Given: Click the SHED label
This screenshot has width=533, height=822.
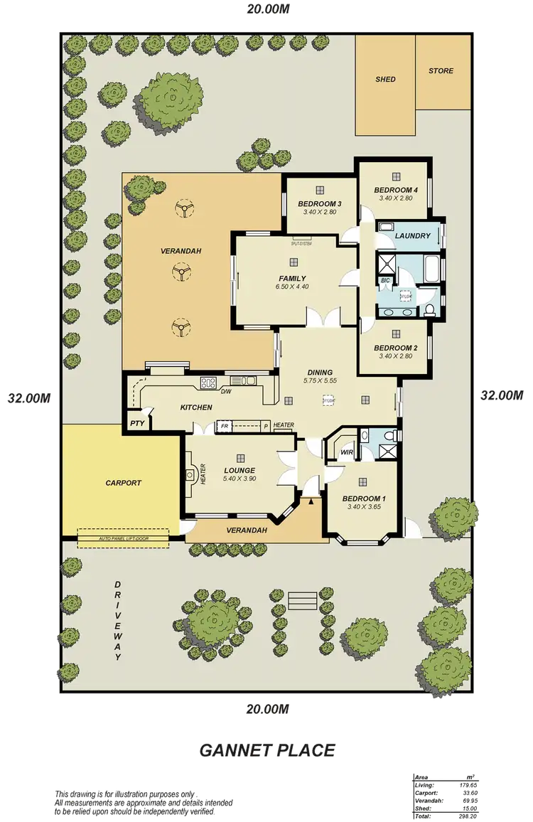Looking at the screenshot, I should [385, 80].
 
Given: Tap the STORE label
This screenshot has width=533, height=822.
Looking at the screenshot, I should [441, 71].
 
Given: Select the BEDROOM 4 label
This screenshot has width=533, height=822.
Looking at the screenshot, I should [395, 190].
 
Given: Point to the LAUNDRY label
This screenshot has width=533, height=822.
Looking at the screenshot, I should [412, 236].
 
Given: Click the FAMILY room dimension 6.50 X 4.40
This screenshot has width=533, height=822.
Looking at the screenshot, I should [292, 287].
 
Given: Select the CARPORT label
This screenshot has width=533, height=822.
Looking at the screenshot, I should [124, 483].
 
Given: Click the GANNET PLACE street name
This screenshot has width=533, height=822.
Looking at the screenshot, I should [266, 749].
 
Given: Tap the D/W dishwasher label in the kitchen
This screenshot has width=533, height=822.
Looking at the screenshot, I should [226, 392].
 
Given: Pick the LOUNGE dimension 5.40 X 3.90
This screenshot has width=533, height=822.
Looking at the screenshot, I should [239, 479].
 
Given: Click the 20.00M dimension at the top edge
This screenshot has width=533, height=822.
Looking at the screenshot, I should [268, 9].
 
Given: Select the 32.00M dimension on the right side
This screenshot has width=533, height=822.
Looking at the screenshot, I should [503, 395].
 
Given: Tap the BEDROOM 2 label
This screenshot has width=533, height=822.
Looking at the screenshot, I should [395, 348].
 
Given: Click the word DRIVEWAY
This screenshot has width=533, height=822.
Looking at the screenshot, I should [117, 621].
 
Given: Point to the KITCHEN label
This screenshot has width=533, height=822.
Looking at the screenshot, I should [196, 407].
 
